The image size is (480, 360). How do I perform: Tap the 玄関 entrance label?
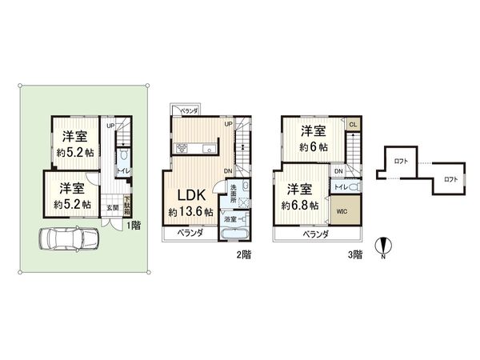(114, 208)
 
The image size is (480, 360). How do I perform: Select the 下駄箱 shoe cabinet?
(127, 204)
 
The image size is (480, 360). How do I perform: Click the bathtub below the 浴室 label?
(235, 234)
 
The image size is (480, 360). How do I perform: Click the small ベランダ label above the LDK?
(188, 111)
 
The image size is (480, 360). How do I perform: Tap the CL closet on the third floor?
(353, 124)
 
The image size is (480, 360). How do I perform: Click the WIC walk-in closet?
(343, 212)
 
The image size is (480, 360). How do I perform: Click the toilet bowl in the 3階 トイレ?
(354, 186)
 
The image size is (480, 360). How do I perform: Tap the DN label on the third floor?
(338, 172)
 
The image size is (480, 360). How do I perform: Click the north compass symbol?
(383, 248)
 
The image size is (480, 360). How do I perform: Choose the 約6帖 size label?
(313, 147)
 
